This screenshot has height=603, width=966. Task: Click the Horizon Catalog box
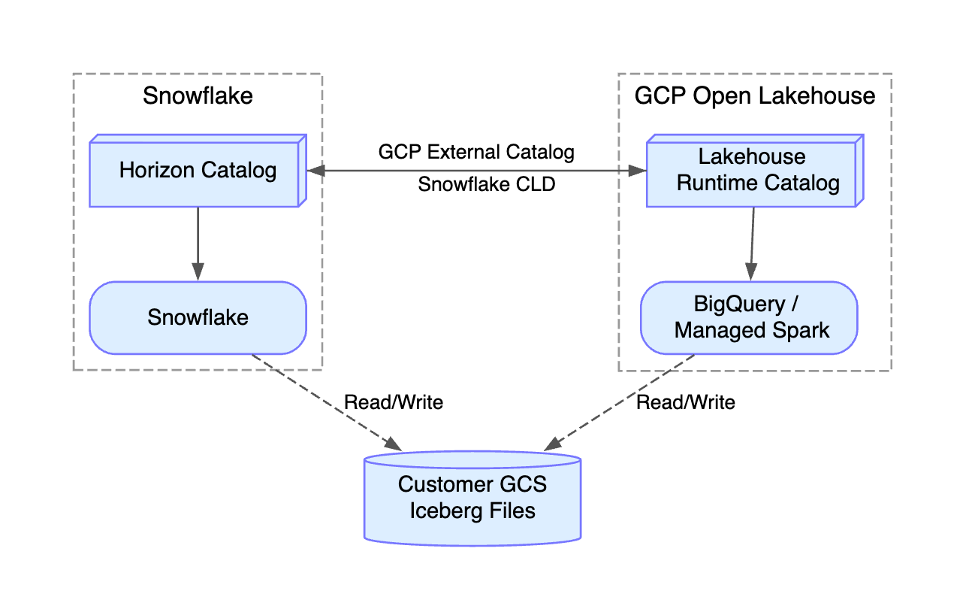tap(198, 171)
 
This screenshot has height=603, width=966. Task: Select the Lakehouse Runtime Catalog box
tap(755, 171)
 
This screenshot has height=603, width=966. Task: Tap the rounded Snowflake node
tap(198, 318)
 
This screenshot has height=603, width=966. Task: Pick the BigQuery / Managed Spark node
tap(749, 318)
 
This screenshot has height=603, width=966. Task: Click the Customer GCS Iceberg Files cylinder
tap(472, 498)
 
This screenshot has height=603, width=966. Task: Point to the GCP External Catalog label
tap(476, 152)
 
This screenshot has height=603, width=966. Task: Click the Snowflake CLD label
tap(487, 184)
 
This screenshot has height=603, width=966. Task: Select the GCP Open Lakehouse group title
tap(755, 95)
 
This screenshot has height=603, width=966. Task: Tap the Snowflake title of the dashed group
tap(198, 95)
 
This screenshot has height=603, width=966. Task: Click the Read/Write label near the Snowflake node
tap(394, 402)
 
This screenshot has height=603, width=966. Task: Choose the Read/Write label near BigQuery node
tap(686, 402)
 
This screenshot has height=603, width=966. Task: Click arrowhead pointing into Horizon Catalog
tap(315, 171)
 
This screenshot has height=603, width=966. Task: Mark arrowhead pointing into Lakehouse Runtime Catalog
tap(638, 171)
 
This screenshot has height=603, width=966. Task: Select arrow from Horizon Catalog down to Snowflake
tap(198, 244)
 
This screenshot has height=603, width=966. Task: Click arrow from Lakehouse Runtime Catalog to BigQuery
tap(753, 244)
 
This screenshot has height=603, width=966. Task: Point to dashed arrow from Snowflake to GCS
tap(327, 403)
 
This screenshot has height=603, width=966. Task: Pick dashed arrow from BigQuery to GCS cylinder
tap(619, 403)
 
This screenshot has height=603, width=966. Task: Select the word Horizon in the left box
tap(156, 170)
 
